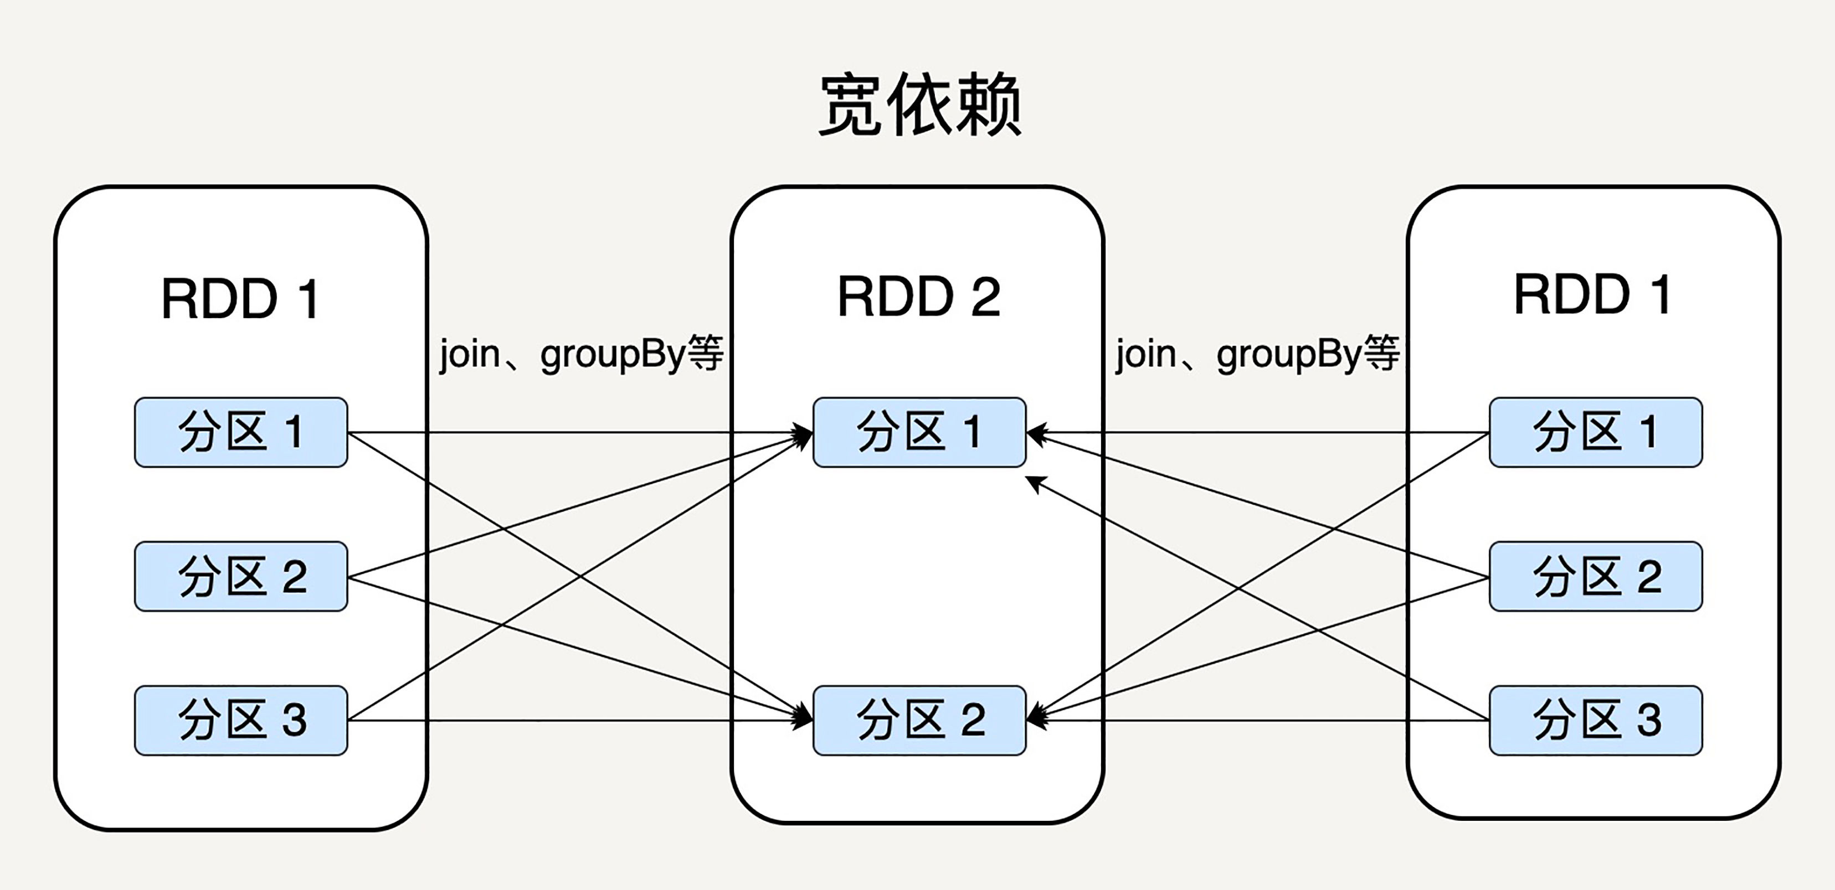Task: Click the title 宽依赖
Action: click(x=921, y=104)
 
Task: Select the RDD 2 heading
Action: click(x=919, y=296)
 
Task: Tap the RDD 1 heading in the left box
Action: click(x=241, y=298)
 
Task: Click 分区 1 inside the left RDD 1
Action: click(x=241, y=432)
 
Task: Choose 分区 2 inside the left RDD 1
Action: click(x=241, y=576)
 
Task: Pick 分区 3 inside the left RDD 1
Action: click(x=241, y=721)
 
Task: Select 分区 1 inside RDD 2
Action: click(x=919, y=432)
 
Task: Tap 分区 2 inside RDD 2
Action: click(x=919, y=721)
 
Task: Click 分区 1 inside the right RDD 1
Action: click(x=1596, y=432)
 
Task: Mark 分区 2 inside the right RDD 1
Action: click(x=1596, y=576)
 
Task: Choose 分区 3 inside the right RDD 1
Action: click(x=1596, y=721)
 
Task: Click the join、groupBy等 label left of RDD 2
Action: click(x=581, y=354)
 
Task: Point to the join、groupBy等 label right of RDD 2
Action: click(x=1258, y=354)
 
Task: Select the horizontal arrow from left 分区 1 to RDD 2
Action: click(x=580, y=432)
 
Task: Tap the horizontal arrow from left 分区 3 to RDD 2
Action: click(x=580, y=721)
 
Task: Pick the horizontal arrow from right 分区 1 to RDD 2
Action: click(x=1258, y=432)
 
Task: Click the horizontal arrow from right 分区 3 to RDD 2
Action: click(x=1258, y=721)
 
